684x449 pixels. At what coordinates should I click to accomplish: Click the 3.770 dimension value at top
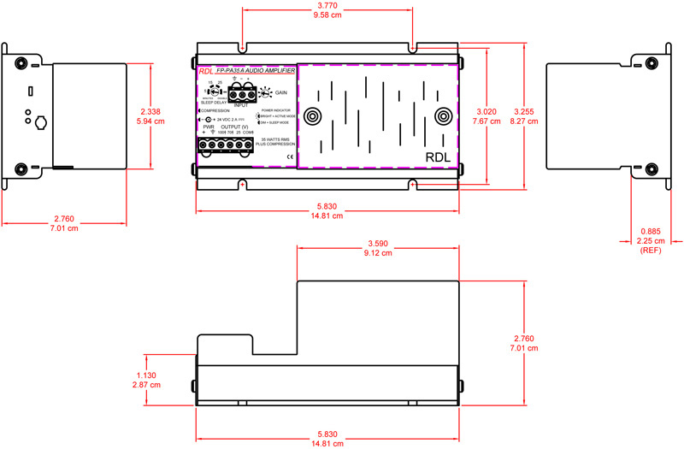point(327,6)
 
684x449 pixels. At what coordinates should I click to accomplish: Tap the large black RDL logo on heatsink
point(436,157)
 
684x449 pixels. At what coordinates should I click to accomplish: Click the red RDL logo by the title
point(205,71)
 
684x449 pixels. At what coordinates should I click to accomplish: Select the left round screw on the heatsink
point(313,116)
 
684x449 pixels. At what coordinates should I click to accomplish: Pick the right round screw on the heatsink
point(442,116)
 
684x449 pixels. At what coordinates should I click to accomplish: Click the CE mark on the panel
point(289,157)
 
